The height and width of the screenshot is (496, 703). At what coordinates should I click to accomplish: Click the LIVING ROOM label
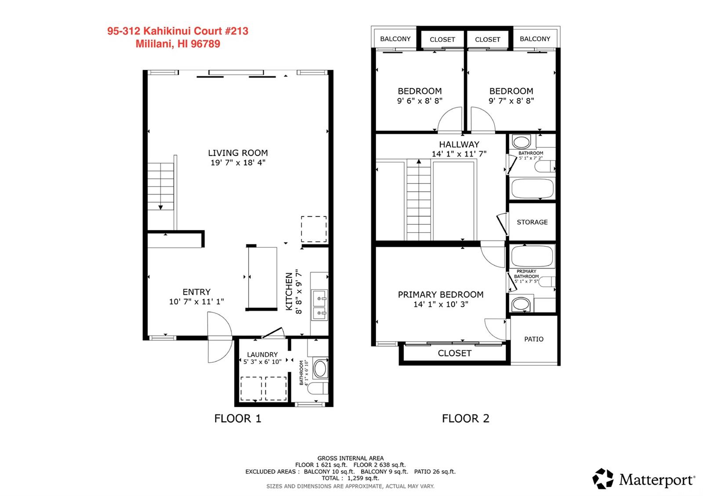pos(238,153)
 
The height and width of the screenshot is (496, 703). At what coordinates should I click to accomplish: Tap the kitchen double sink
pos(319,305)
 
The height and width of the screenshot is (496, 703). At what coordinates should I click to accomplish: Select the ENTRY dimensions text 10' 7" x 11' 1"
pos(196,302)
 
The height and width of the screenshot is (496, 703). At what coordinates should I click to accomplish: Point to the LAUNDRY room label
pos(262,354)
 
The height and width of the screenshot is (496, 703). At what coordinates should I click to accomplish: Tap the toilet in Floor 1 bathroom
pos(318,388)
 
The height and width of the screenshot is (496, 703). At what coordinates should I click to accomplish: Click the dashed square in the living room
pos(314,229)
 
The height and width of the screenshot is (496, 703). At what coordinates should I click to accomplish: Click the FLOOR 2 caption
pos(465,418)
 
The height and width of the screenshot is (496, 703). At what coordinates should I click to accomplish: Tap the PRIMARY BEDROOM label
pos(441,295)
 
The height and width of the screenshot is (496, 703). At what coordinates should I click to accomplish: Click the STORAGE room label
pos(532,222)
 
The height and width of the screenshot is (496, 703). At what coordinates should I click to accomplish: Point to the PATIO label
pos(534,339)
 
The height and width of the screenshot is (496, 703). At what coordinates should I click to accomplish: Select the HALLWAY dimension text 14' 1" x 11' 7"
pos(459,154)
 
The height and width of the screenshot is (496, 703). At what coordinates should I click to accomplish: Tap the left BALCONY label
pos(395,39)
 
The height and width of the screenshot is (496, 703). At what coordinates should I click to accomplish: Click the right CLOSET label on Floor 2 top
pos(487,39)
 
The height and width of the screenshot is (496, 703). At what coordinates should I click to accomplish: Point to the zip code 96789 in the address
pos(205,44)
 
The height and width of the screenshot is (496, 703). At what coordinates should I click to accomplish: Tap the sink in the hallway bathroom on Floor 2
pos(522,142)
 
